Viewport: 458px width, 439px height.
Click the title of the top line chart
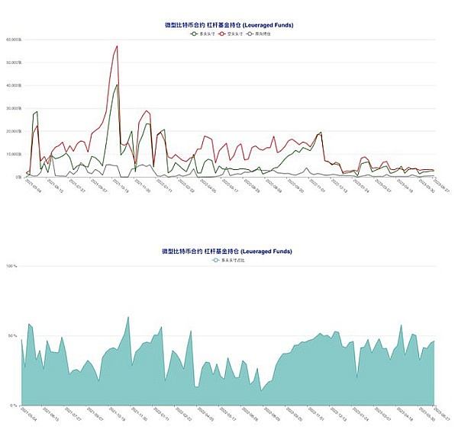tap(229, 25)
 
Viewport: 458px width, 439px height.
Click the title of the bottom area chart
tap(227, 251)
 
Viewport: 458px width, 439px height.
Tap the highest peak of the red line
tap(117, 46)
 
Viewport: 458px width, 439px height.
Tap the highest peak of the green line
tap(117, 84)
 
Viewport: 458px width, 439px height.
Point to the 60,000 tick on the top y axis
tap(13, 40)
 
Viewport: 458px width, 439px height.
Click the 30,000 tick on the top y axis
tap(13, 108)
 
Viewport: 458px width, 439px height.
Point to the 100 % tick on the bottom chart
tap(11, 266)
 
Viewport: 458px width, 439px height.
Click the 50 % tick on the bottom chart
tap(13, 335)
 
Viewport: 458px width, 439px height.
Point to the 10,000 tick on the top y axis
tap(13, 154)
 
